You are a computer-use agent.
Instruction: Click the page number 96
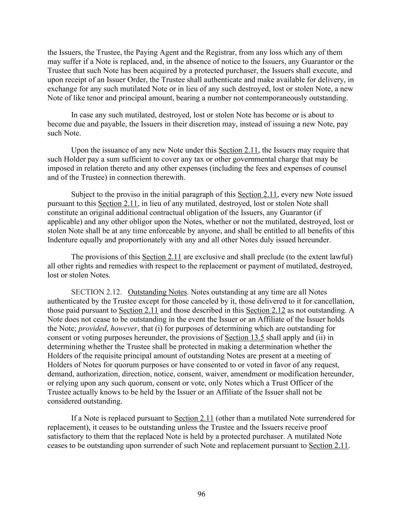(201, 494)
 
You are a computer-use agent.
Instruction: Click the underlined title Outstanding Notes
(157, 292)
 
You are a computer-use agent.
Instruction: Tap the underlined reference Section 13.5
(244, 338)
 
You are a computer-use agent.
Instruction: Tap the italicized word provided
(92, 328)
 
